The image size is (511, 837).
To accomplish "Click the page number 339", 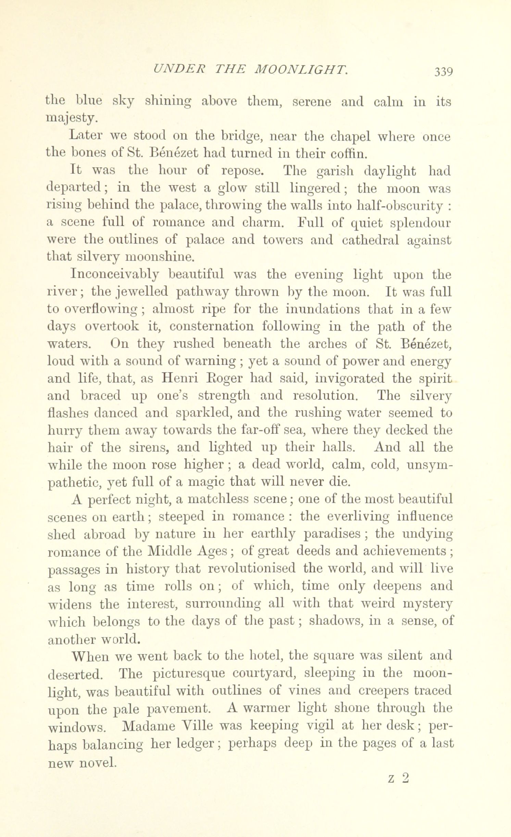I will coord(444,72).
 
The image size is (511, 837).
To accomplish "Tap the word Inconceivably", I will coord(115,275).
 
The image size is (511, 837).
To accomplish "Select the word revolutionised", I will coord(252,569).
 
